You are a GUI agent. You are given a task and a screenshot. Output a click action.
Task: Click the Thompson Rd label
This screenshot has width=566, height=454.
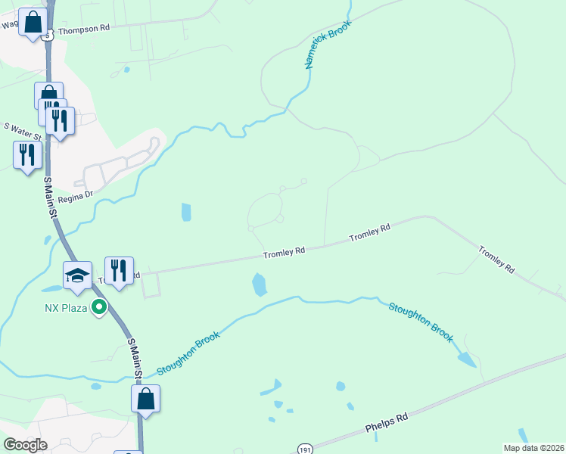tap(84, 28)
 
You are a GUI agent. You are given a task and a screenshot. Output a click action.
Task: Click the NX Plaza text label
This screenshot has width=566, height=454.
tap(64, 308)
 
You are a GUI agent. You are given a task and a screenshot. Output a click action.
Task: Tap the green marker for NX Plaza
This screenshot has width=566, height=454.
tap(98, 307)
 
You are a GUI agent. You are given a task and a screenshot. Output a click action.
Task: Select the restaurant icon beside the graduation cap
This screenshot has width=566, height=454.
tap(119, 271)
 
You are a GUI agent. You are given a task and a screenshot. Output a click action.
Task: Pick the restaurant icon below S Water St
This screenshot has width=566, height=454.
tap(27, 155)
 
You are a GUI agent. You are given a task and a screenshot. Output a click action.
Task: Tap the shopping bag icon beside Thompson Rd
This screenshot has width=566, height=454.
tap(33, 22)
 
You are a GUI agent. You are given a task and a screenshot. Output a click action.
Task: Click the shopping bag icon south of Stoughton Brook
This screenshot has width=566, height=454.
tap(145, 399)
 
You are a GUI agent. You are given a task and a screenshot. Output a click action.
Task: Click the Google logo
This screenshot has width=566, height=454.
tap(26, 445)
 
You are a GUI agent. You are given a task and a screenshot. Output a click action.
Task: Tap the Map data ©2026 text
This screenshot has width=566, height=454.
tap(533, 447)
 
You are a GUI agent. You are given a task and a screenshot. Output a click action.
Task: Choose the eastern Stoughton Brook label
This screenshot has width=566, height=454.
tap(421, 322)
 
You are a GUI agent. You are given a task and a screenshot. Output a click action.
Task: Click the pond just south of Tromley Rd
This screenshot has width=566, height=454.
tap(259, 285)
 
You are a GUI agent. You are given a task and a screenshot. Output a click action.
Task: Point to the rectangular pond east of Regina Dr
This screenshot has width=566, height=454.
tap(186, 213)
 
